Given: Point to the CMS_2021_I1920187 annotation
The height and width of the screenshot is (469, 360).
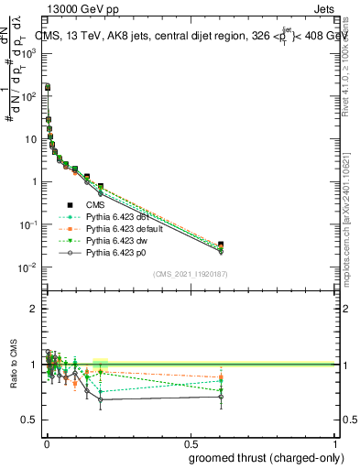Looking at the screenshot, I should [x=190, y=274].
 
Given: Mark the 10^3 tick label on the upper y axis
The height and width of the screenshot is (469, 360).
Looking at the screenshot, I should [x=29, y=53].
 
